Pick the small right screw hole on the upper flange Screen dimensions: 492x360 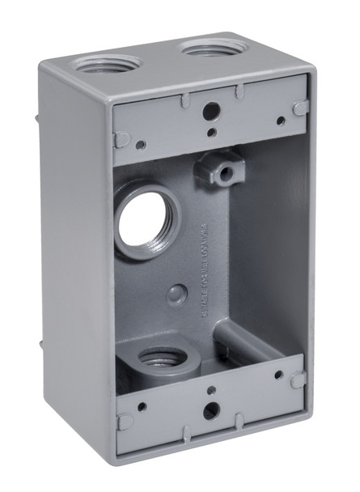(x=281, y=121)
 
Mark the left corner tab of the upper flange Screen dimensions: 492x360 (x=123, y=138)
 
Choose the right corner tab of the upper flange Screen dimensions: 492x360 (x=299, y=108)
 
